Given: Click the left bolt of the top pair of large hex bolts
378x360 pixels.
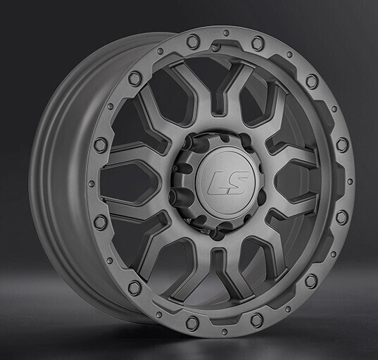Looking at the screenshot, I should [192, 42].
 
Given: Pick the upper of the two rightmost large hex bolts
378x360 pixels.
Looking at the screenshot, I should [342, 144].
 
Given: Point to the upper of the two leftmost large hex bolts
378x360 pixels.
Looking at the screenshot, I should [101, 144].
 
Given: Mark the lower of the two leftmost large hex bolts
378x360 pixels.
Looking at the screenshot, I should [101, 222].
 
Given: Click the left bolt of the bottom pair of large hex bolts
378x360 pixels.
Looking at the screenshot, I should [192, 323].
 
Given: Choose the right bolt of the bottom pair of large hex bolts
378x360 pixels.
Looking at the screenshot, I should [257, 321].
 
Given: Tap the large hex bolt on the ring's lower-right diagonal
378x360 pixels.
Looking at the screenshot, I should [311, 281].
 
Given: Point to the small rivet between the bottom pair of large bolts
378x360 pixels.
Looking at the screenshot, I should [225, 328].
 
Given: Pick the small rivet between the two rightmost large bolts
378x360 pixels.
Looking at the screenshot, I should [350, 181].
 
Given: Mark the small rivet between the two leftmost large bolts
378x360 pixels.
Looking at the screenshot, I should [92, 183].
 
